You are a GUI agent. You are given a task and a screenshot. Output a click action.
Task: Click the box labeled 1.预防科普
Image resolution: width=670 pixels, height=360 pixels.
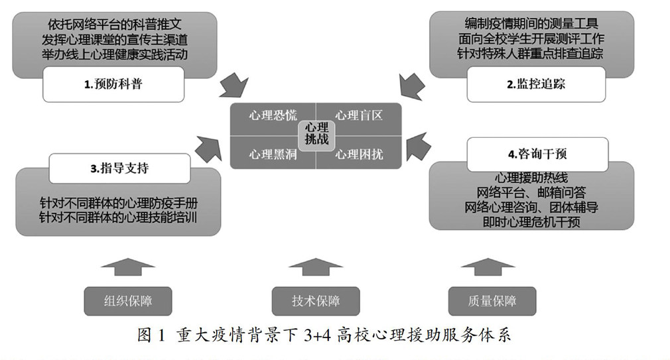(x=113, y=84)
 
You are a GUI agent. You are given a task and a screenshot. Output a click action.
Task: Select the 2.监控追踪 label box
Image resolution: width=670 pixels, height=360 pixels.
(x=537, y=84)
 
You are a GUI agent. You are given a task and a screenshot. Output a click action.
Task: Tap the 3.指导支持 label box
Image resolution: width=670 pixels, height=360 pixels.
(x=120, y=168)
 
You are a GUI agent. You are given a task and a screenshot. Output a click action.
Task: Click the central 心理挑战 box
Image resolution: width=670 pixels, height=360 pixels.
(x=316, y=135)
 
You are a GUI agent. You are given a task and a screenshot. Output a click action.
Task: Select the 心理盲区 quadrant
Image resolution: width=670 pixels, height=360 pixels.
(x=360, y=116)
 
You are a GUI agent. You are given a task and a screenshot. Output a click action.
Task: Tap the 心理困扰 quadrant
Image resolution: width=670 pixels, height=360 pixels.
(x=360, y=154)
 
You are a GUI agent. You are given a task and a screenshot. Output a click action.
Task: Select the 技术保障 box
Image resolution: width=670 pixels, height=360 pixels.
(x=316, y=301)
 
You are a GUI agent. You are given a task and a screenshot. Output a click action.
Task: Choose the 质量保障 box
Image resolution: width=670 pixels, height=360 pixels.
(x=492, y=301)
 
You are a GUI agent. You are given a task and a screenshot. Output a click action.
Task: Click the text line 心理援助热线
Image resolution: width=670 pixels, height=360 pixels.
(x=531, y=178)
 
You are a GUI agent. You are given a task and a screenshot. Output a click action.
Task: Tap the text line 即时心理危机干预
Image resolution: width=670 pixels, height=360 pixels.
(x=531, y=222)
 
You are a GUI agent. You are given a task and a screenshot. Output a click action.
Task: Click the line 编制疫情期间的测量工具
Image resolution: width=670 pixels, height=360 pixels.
(x=531, y=23)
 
